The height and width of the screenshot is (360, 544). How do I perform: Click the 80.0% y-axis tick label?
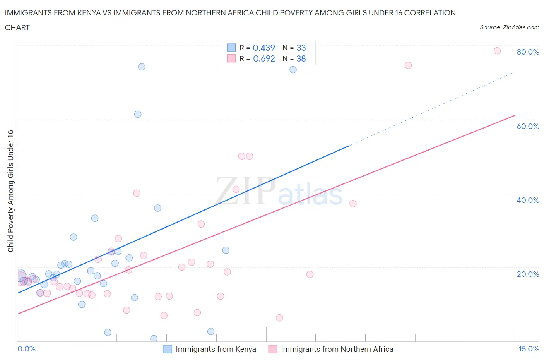click(527, 52)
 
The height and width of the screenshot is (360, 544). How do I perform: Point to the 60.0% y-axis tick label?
click(527, 126)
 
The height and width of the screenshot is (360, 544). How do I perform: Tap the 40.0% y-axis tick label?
click(527, 200)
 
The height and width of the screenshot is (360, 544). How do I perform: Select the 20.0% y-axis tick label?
click(527, 274)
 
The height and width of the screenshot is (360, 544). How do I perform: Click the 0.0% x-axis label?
click(26, 349)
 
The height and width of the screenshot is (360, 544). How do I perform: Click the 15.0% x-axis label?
click(529, 349)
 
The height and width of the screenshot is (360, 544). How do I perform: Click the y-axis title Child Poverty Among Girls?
click(10, 191)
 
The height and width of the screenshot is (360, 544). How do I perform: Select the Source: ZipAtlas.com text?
click(509, 27)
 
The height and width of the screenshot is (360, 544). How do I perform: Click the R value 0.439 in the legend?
click(263, 48)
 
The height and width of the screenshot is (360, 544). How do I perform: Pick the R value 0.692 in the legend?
click(264, 58)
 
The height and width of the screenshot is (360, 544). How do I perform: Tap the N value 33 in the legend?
click(301, 48)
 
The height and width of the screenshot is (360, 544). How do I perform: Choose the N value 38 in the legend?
click(301, 58)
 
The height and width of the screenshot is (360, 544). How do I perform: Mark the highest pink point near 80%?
click(497, 51)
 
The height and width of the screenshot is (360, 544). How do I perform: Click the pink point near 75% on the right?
click(408, 65)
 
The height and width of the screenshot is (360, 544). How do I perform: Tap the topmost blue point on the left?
click(142, 67)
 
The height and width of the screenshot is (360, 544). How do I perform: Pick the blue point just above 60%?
click(138, 114)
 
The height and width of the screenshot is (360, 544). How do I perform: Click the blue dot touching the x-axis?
click(154, 339)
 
